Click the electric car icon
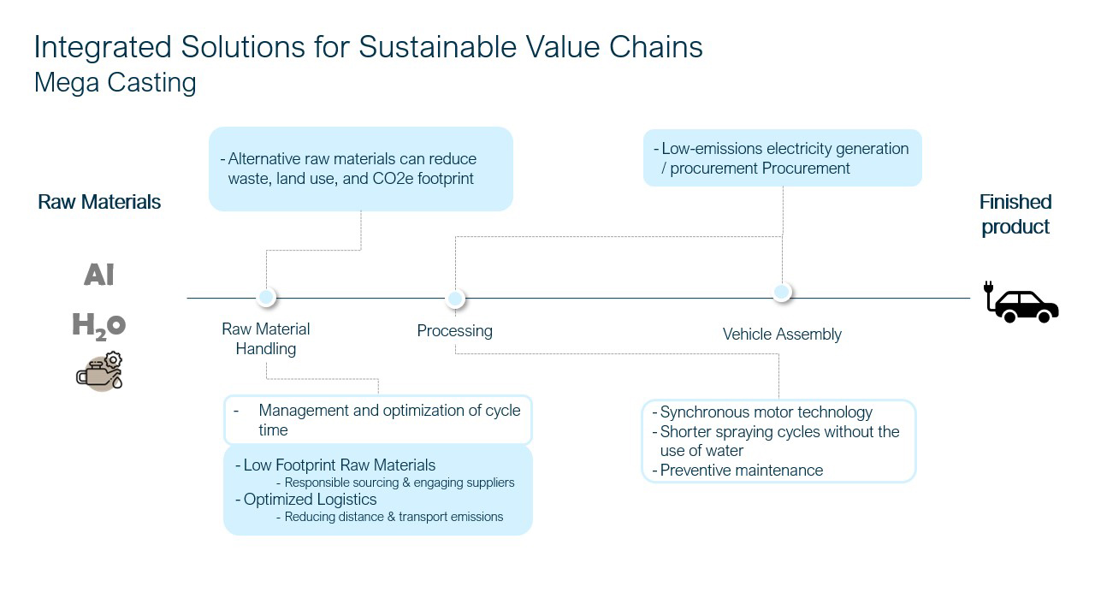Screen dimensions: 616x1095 coord(1022,305)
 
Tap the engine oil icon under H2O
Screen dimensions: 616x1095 coord(100,371)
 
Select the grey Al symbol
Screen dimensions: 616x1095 coord(99,275)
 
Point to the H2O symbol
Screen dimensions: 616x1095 coord(99,325)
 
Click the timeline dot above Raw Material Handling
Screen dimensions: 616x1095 coord(266,297)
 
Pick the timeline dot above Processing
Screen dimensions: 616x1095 coord(455,299)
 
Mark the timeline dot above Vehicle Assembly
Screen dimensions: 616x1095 coord(781,292)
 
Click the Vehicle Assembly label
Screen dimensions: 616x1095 coord(782,335)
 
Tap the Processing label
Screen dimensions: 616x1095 coord(454,331)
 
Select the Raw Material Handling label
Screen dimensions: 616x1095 coord(266,339)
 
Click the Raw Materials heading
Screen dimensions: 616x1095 coord(99,202)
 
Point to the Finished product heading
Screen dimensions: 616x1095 coord(1015,214)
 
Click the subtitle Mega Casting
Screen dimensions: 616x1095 coord(115,83)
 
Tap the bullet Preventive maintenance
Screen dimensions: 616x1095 coord(741,471)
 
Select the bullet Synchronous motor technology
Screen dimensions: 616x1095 coord(766,412)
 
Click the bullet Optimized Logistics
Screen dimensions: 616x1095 coord(310,500)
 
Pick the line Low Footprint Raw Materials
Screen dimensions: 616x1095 coord(339,465)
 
